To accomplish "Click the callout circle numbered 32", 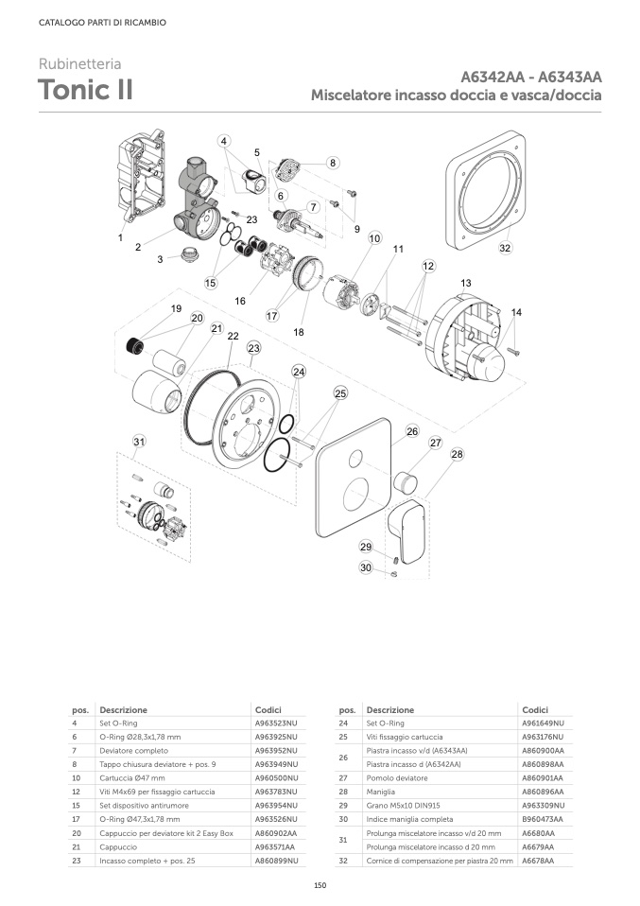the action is [506, 248].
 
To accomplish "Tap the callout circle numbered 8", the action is [333, 163].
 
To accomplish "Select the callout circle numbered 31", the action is [139, 442].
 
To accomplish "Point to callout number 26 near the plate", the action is [412, 431].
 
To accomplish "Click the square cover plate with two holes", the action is [354, 478].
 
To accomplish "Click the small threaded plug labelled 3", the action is [188, 254].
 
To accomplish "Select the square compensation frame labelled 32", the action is [486, 187].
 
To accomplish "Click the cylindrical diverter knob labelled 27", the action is [405, 481].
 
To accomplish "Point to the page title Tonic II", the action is [85, 90].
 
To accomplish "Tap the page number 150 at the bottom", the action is [320, 885].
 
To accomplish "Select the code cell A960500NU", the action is [277, 777].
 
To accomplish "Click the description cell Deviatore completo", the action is [134, 751].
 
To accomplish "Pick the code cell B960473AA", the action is [543, 819].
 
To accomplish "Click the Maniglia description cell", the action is [381, 792].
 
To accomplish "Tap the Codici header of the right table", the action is [535, 709].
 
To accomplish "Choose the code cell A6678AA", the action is [538, 861].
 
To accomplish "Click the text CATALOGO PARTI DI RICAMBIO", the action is [102, 23].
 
